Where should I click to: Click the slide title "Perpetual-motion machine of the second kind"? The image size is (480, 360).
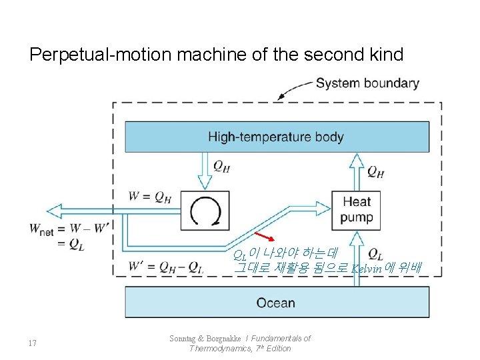[216, 54]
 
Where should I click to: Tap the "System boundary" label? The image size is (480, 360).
[367, 83]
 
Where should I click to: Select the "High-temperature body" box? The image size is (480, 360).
[276, 137]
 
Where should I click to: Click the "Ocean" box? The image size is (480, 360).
[276, 303]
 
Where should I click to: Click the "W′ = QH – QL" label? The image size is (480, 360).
[167, 267]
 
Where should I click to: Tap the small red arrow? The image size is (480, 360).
[265, 238]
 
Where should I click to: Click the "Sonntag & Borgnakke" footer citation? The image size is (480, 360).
[240, 343]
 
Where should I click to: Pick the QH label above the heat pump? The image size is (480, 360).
[375, 172]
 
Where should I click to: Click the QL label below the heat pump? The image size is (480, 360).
[375, 254]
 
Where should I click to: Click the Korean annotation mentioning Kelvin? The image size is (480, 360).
[327, 261]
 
